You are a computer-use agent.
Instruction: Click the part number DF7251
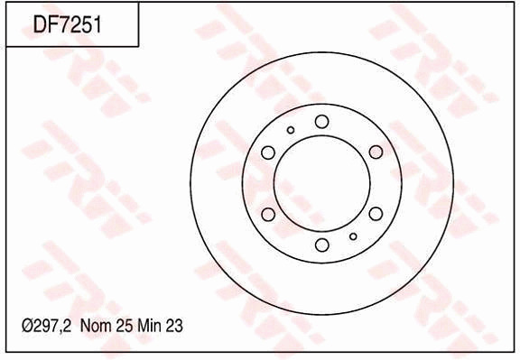(67, 24)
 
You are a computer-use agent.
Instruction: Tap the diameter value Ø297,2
(46, 326)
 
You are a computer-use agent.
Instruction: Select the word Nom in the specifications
(96, 326)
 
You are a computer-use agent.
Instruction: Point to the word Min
(150, 326)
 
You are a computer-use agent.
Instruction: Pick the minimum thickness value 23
(174, 326)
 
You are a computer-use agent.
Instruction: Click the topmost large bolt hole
(321, 122)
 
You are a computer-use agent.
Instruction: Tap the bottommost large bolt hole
(321, 245)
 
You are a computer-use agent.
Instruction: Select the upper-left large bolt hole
(268, 152)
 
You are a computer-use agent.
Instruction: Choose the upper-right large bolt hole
(376, 152)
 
